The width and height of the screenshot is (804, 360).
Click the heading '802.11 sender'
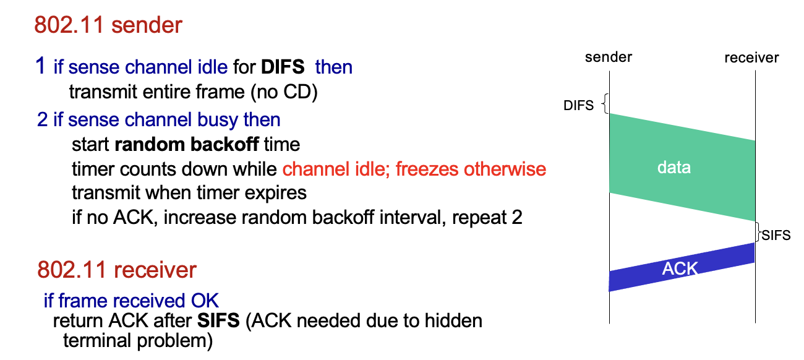pyautogui.click(x=108, y=25)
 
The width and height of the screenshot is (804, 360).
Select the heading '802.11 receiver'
pyautogui.click(x=117, y=270)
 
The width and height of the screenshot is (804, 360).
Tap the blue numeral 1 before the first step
pyautogui.click(x=41, y=66)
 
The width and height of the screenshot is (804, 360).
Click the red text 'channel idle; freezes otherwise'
pyautogui.click(x=414, y=169)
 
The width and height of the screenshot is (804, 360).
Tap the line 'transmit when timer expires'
pyautogui.click(x=189, y=192)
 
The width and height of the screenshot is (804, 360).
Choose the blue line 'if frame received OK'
pyautogui.click(x=131, y=301)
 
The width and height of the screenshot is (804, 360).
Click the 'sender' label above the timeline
pyautogui.click(x=609, y=58)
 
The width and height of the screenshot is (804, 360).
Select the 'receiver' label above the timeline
pyautogui.click(x=751, y=58)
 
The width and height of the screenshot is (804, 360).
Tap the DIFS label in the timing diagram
pyautogui.click(x=578, y=106)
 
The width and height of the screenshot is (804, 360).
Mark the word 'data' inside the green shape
pyautogui.click(x=674, y=167)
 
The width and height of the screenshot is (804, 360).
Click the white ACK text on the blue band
pyautogui.click(x=680, y=268)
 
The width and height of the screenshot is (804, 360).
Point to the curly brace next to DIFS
pyautogui.click(x=605, y=104)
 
